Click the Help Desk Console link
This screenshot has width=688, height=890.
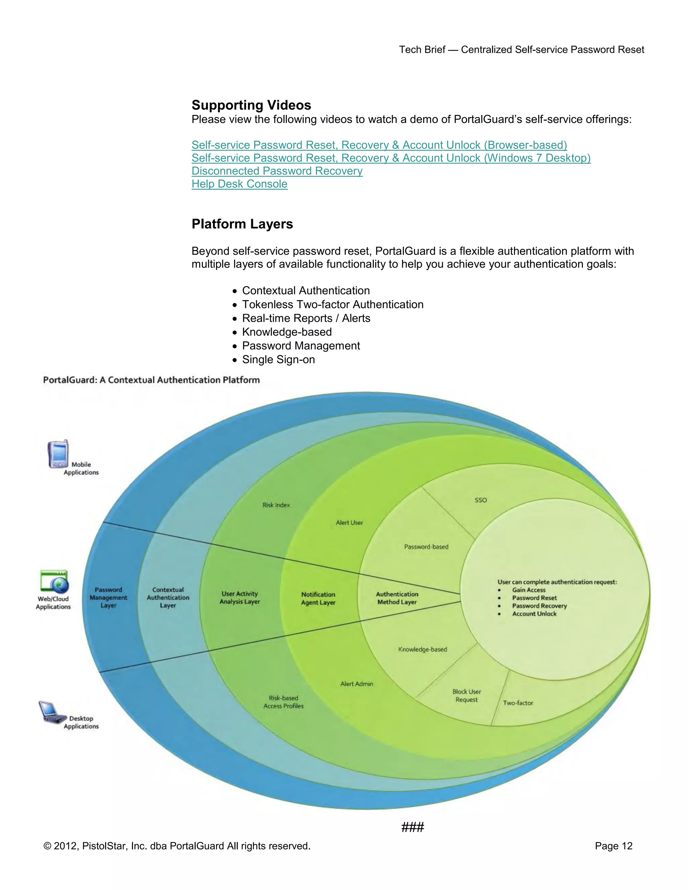pyautogui.click(x=239, y=184)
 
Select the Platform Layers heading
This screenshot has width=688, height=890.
pyautogui.click(x=242, y=224)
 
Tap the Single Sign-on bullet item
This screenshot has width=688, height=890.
pyautogui.click(x=278, y=359)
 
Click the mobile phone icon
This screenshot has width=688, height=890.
pyautogui.click(x=58, y=454)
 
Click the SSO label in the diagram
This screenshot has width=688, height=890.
pyautogui.click(x=480, y=500)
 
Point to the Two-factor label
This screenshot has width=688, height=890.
pyautogui.click(x=518, y=703)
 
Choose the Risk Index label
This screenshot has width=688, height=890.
pyautogui.click(x=276, y=505)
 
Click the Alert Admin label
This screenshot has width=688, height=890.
pyautogui.click(x=357, y=684)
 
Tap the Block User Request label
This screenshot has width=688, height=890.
pyautogui.click(x=466, y=696)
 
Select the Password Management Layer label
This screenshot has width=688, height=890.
pyautogui.click(x=109, y=597)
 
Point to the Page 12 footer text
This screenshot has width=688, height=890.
pyautogui.click(x=613, y=846)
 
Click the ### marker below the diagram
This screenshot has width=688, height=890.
pyautogui.click(x=413, y=827)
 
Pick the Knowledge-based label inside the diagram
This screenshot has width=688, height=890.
pyautogui.click(x=422, y=649)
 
